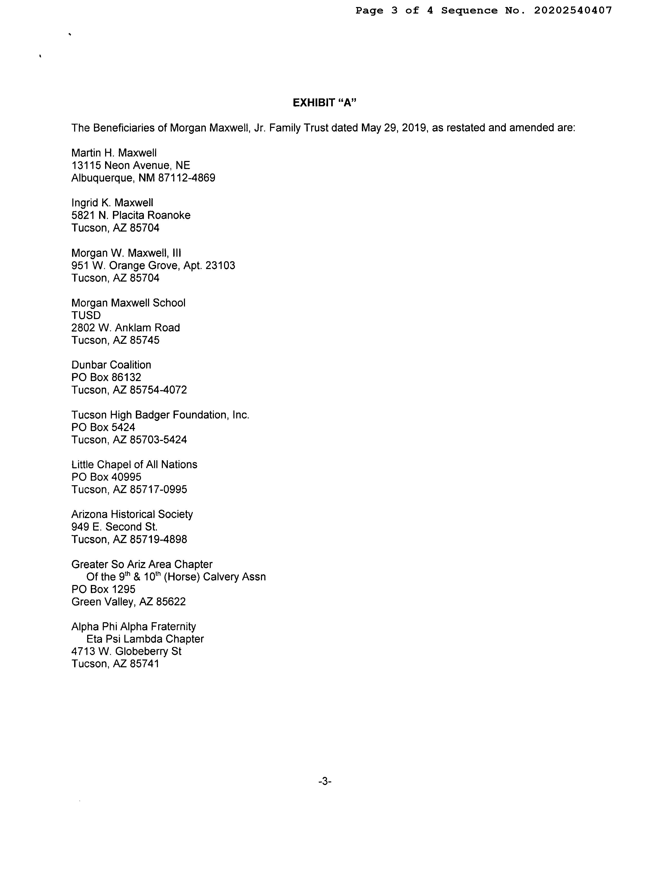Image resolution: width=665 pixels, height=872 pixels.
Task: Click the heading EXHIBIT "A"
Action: [x=325, y=103]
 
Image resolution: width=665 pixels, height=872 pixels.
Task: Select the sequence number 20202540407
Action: [x=573, y=11]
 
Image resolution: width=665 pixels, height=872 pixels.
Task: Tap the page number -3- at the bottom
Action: [x=325, y=782]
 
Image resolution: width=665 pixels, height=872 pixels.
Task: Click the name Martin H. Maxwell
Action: [x=114, y=153]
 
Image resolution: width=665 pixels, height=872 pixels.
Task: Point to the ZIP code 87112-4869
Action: [x=187, y=178]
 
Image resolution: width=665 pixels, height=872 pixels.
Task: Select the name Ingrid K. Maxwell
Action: [x=112, y=203]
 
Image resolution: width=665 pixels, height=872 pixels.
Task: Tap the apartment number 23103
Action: [x=220, y=265]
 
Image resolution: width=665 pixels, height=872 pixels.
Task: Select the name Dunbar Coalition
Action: [x=111, y=365]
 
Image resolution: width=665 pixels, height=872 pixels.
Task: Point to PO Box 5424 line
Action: [x=103, y=427]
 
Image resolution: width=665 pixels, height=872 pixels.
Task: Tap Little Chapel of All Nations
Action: [x=134, y=465]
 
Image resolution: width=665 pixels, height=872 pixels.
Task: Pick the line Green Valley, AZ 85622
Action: [x=129, y=602]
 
